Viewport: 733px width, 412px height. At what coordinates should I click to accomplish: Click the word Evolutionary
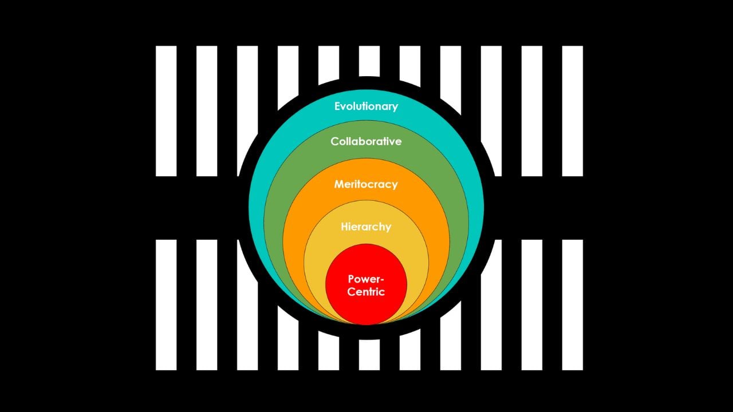coord(366,106)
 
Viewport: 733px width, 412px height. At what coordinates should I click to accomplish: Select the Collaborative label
coord(366,141)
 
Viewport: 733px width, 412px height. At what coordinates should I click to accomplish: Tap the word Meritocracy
coord(366,185)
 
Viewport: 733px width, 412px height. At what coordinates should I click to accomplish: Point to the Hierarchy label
coord(366,227)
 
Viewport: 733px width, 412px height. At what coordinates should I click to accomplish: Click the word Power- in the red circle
coord(366,279)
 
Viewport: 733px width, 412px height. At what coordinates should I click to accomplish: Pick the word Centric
coord(366,292)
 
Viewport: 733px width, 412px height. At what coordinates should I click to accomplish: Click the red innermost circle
coord(366,309)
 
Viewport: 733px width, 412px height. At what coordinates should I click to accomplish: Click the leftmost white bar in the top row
coord(166,111)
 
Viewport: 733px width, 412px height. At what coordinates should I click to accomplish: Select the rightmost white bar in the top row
coord(572,111)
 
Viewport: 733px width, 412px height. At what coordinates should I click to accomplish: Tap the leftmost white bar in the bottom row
coord(166,304)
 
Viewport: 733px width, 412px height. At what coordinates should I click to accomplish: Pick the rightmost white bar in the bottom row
coord(572,304)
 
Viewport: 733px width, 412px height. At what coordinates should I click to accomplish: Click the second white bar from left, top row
coord(207,111)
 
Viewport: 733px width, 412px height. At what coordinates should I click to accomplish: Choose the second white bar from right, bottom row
coord(531,304)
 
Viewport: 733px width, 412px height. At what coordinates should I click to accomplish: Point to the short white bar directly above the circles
coord(369,60)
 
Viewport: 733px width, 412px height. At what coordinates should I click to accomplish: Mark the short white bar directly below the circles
coord(369,355)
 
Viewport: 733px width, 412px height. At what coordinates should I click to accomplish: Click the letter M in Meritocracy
coord(339,185)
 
